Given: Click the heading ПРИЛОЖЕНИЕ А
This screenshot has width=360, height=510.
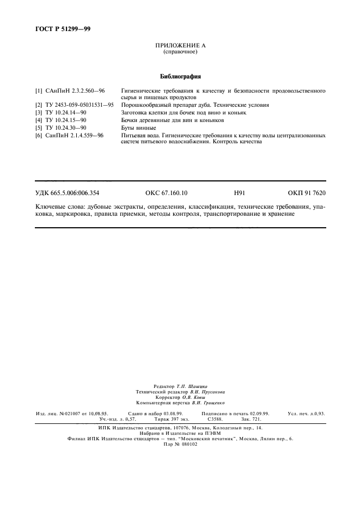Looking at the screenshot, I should point(180,46).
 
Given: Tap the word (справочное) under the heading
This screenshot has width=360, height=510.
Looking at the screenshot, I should point(180,52).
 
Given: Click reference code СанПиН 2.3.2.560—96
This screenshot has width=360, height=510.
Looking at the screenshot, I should point(76,91).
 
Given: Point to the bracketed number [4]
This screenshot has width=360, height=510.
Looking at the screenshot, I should point(39,119).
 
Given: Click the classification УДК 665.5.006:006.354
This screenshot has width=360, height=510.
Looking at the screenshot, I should point(67,193).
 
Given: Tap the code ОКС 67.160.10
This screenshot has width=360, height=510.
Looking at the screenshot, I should point(166,193).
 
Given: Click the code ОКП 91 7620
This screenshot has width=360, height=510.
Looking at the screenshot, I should point(307,193).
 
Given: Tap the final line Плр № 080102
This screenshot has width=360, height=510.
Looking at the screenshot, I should point(180,444).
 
